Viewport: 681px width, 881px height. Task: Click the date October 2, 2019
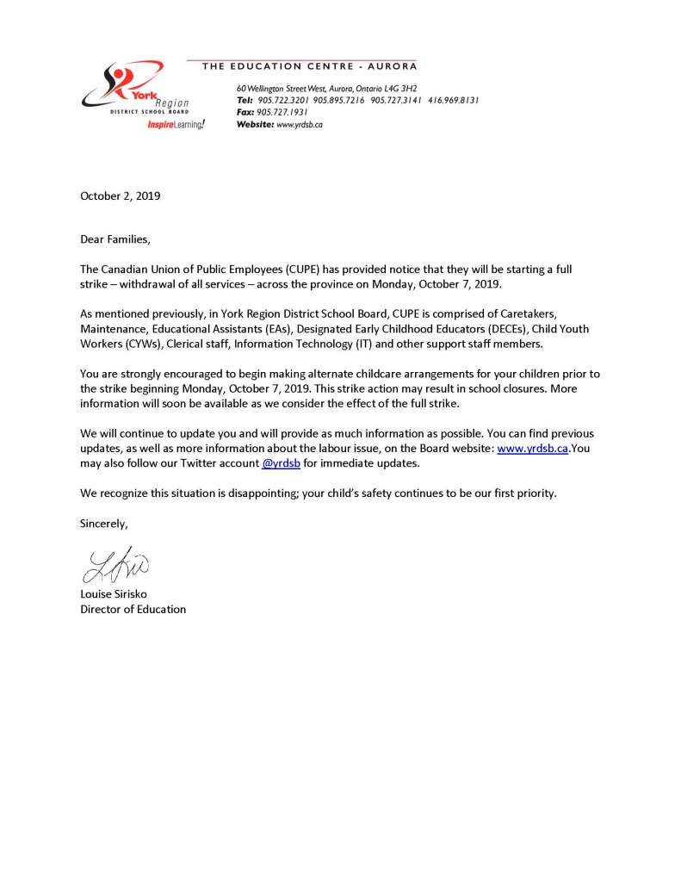(120, 195)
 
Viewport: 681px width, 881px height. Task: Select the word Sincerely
(104, 523)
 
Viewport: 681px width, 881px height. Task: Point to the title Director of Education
(133, 609)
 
